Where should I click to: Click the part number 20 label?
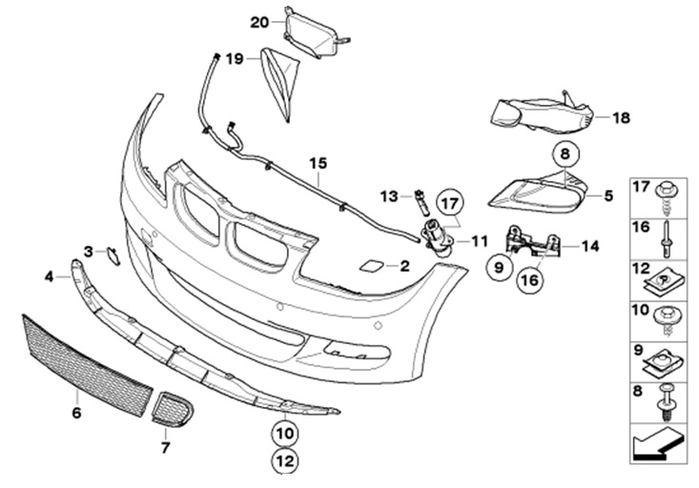[x=259, y=21]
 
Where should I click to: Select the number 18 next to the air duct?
[x=622, y=118]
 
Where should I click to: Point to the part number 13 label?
[x=386, y=196]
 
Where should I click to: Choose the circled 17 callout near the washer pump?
[x=449, y=203]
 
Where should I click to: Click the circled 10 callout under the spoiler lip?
[x=285, y=432]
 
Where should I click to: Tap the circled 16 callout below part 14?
[x=529, y=280]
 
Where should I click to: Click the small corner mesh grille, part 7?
[x=172, y=409]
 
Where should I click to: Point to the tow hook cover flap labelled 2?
[x=372, y=266]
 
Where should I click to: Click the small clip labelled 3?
[x=111, y=254]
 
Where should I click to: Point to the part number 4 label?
[x=50, y=277]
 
